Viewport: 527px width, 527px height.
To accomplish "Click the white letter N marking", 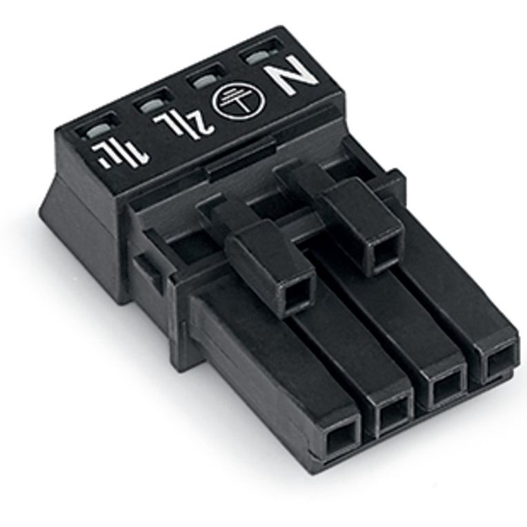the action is pyautogui.click(x=290, y=76).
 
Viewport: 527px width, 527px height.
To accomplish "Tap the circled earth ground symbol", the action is pyautogui.click(x=239, y=98).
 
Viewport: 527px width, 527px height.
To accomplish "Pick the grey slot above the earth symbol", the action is pyautogui.click(x=203, y=80).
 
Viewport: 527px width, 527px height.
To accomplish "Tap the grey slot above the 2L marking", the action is pyautogui.click(x=151, y=105).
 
